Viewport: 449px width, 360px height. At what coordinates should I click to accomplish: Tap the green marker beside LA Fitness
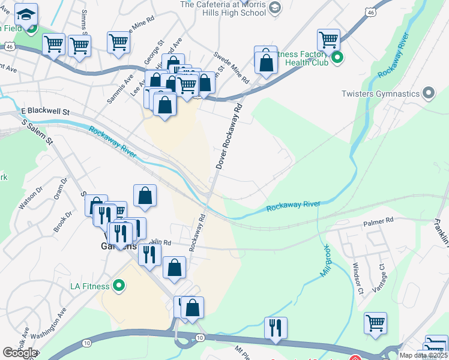pyautogui.click(x=119, y=285)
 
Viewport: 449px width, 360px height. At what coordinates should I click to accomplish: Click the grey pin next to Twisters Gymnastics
pyautogui.click(x=428, y=93)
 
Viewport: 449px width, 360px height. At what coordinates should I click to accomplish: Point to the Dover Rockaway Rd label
pyautogui.click(x=228, y=136)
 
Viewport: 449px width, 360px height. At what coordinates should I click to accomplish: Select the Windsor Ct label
pyautogui.click(x=358, y=279)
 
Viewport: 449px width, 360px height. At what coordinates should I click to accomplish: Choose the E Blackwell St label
pyautogui.click(x=46, y=112)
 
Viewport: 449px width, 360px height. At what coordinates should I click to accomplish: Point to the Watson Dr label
pyautogui.click(x=31, y=197)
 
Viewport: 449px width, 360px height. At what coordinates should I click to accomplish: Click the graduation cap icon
pyautogui.click(x=26, y=13)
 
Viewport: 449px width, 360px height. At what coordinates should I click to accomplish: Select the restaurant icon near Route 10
pyautogui.click(x=276, y=328)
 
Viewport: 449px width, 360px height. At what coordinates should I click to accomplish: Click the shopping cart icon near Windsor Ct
pyautogui.click(x=375, y=322)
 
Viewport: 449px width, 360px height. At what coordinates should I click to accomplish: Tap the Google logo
pyautogui.click(x=20, y=353)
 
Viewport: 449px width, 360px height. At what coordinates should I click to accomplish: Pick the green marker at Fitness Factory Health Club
pyautogui.click(x=337, y=58)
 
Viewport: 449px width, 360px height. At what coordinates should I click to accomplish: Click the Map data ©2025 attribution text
pyautogui.click(x=424, y=355)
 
